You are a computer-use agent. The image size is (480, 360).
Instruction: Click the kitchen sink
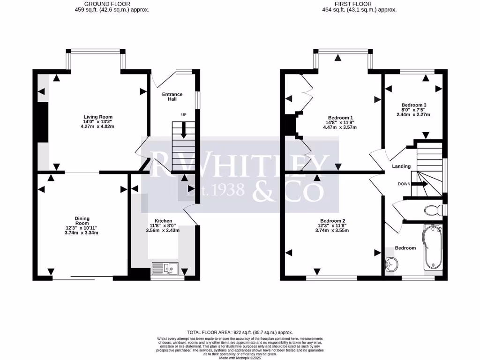[x=165, y=269]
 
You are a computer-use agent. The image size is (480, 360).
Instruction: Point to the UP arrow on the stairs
[x=183, y=129]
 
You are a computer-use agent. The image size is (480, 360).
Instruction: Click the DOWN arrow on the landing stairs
[x=420, y=184]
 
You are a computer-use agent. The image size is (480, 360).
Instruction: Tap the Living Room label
[x=98, y=117]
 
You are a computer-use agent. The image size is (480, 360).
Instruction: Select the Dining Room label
[x=82, y=221]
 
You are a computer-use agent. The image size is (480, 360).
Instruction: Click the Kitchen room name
[x=163, y=221]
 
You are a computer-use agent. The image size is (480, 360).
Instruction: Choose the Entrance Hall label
[x=172, y=97]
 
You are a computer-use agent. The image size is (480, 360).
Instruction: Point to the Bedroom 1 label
[x=340, y=117]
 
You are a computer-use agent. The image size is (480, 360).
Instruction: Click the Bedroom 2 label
[x=332, y=220]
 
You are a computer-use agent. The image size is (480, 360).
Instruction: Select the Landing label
[x=401, y=166]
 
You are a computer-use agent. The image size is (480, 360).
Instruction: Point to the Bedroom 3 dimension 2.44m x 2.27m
[x=413, y=114]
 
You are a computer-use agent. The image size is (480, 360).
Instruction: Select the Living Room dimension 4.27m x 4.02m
[x=98, y=127]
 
